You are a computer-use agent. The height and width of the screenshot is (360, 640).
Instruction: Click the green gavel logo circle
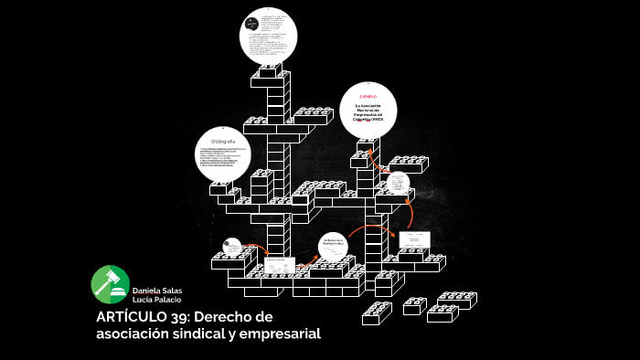click(110, 284)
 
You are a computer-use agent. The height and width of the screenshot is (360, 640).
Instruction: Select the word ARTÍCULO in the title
click(133, 317)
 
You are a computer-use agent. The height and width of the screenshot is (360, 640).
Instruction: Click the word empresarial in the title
click(280, 334)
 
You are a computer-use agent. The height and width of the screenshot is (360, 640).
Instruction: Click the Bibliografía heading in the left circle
click(223, 143)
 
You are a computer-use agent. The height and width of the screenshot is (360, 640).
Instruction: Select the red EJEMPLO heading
click(368, 96)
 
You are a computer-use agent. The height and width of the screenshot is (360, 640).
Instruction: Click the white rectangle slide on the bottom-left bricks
click(275, 265)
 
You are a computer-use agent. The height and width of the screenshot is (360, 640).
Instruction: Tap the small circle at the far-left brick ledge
click(232, 245)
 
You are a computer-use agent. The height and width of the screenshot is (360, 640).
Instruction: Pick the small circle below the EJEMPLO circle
click(397, 182)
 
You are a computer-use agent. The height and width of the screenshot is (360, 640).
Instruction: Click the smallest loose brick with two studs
click(413, 305)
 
